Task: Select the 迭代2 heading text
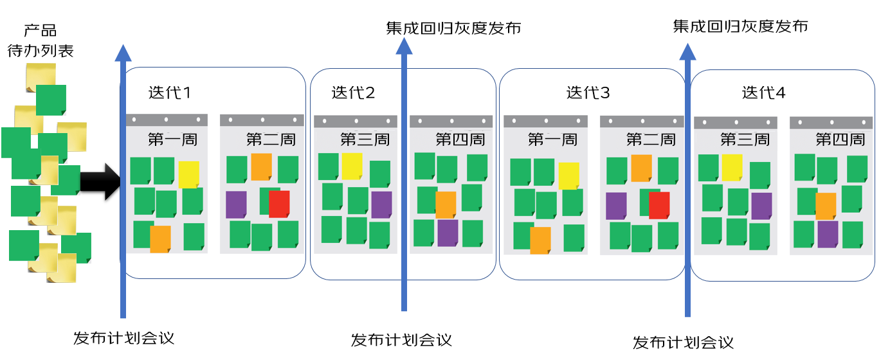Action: point(353,93)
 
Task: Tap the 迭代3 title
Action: point(588,93)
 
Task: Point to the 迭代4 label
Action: point(763,93)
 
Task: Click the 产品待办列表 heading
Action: point(41,40)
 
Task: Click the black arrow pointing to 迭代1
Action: point(100,181)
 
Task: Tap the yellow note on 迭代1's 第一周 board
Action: point(188,174)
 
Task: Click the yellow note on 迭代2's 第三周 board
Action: point(352,166)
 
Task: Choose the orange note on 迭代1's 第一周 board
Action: point(160,239)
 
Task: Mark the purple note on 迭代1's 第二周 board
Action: point(236,204)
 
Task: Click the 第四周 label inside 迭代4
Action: point(840,139)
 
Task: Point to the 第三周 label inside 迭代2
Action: point(365,139)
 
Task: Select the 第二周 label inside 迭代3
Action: point(651,139)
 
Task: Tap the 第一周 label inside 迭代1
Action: point(172,139)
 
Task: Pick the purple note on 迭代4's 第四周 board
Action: point(828,235)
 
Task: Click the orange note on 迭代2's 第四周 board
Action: point(446,205)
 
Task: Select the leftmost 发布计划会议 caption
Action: point(123,338)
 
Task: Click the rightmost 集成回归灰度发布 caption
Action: point(740,26)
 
